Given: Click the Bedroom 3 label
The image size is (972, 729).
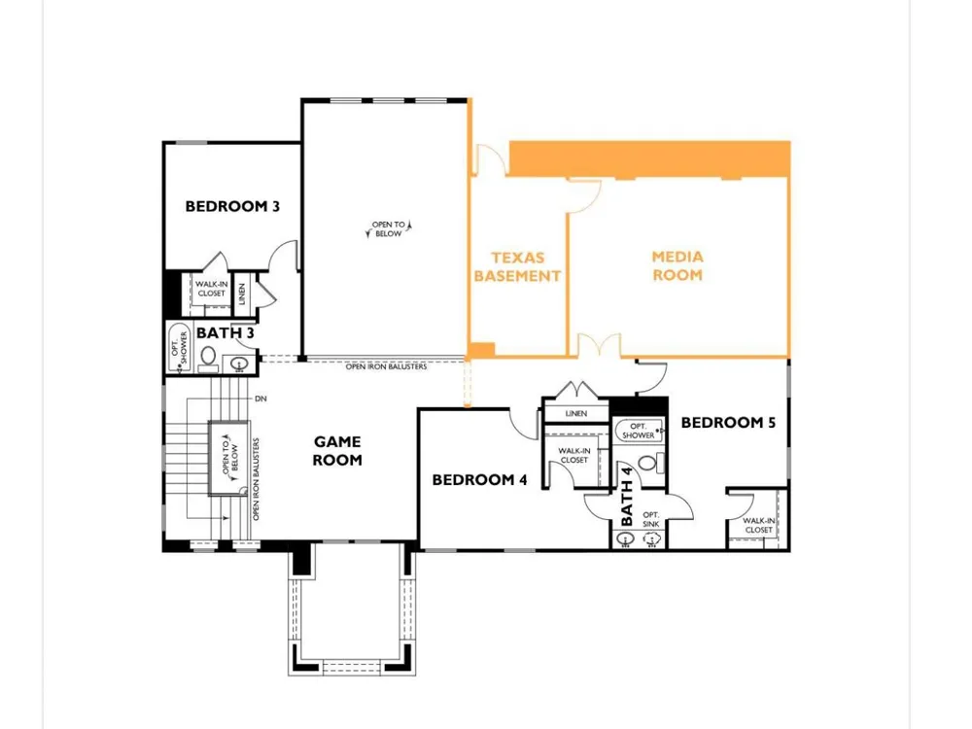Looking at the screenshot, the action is click(x=232, y=206).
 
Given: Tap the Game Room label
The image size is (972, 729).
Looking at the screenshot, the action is click(x=337, y=451).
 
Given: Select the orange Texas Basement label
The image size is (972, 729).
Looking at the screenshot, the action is click(x=518, y=266).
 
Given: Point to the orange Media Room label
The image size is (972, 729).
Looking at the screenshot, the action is click(x=677, y=266).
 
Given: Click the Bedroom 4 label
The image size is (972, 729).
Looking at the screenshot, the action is click(x=480, y=480).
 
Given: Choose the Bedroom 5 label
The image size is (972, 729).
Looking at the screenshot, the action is click(x=728, y=423).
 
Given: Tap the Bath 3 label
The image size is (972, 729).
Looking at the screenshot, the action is click(x=226, y=332).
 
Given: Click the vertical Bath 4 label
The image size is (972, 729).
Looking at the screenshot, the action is click(x=627, y=497).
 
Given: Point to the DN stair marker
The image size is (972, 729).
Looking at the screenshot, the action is click(x=260, y=399).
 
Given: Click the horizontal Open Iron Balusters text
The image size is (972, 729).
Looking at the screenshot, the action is click(x=386, y=367).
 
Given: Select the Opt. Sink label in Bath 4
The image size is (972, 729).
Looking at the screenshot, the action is click(x=651, y=519).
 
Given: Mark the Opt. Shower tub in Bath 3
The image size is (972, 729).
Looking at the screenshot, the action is click(x=180, y=347).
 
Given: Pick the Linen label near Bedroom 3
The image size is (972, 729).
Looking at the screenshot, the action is click(x=242, y=294).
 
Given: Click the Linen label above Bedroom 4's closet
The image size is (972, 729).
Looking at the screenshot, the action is click(x=575, y=413).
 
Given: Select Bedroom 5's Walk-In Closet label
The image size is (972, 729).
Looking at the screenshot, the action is click(x=759, y=526).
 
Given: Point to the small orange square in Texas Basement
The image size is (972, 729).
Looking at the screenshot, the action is click(x=482, y=350).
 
